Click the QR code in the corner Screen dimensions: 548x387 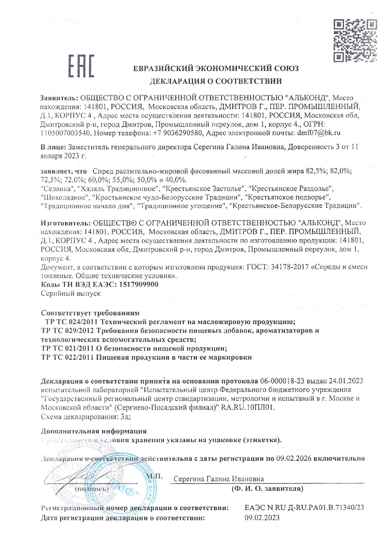point(355,40)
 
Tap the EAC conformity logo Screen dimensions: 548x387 point(81,66)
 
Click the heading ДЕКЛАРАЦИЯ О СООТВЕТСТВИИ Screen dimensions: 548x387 point(216,81)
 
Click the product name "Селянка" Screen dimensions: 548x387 point(58,189)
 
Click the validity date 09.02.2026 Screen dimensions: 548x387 point(294,458)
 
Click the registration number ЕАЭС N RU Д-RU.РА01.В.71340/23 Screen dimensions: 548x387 point(304,508)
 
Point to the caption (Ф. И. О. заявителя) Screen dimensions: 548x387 point(267,488)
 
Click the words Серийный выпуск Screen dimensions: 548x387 point(71,293)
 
